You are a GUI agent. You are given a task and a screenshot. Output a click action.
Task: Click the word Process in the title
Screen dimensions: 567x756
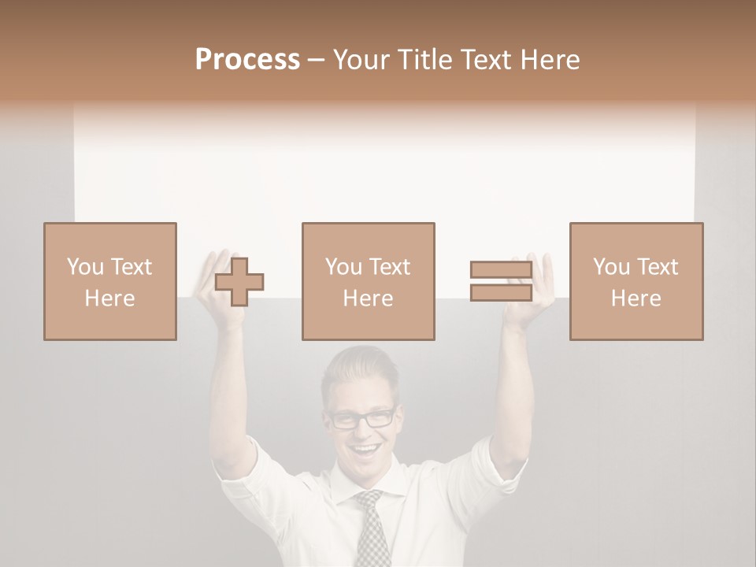tap(247, 60)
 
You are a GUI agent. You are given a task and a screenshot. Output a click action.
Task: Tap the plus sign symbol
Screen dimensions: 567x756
tap(239, 281)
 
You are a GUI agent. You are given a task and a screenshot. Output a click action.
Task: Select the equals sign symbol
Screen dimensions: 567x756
tap(501, 281)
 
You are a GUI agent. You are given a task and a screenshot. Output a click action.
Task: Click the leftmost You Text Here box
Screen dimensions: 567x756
tap(110, 281)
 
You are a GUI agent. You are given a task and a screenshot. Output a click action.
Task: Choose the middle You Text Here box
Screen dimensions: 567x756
tap(369, 281)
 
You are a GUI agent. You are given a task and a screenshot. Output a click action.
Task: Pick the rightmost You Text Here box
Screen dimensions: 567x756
tap(636, 281)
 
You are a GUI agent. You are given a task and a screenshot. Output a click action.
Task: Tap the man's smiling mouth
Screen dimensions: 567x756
tap(365, 451)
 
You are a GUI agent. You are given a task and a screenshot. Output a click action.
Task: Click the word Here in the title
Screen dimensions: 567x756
tap(550, 60)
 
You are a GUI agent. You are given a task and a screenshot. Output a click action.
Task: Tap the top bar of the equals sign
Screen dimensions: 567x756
tap(501, 270)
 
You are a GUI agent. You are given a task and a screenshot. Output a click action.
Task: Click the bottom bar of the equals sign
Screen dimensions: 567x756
tap(501, 292)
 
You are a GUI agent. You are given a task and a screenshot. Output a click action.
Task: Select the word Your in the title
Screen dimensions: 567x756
tap(359, 60)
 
